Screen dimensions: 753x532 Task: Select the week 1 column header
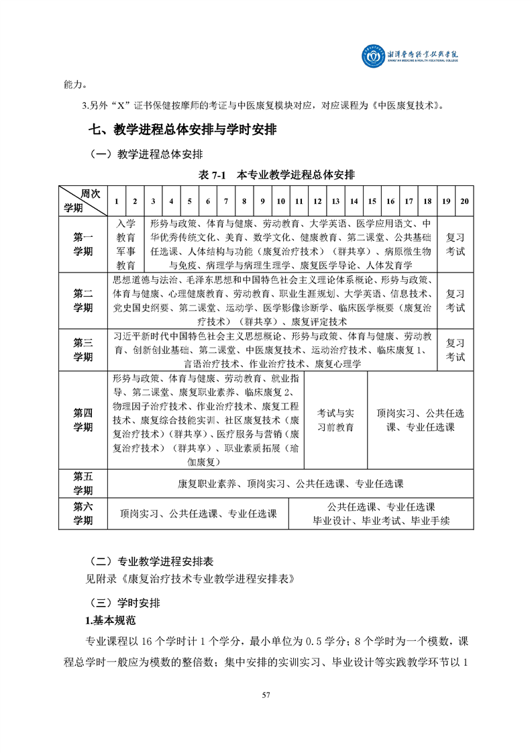tap(117, 201)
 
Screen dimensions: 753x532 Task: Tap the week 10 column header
tap(281, 201)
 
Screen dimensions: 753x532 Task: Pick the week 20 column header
tap(464, 201)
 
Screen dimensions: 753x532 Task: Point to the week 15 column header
tap(372, 201)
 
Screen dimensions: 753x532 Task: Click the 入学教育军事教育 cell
tap(125, 244)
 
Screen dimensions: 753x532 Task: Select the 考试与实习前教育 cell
tap(335, 419)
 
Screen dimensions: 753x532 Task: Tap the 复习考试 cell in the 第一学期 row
tap(456, 244)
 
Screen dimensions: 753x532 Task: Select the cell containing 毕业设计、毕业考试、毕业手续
tap(381, 513)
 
